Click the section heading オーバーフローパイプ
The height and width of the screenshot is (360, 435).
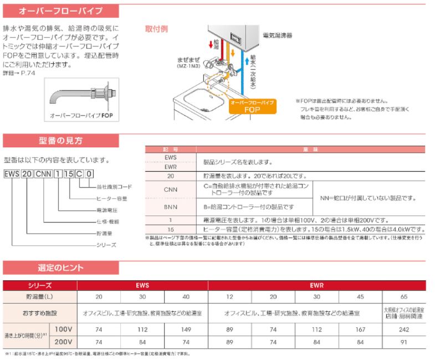pyautogui.click(x=53, y=11)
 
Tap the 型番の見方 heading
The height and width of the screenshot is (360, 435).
pyautogui.click(x=60, y=141)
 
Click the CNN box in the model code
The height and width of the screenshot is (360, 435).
pyautogui.click(x=43, y=174)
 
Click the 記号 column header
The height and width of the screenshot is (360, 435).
pyautogui.click(x=171, y=150)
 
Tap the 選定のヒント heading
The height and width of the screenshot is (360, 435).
pyautogui.click(x=60, y=268)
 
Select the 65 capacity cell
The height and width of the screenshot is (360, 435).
pyautogui.click(x=403, y=297)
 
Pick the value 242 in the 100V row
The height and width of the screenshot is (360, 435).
pyautogui.click(x=403, y=329)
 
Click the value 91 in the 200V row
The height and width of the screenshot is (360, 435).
pyautogui.click(x=403, y=342)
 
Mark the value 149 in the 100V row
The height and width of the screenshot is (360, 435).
pyautogui.click(x=186, y=329)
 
